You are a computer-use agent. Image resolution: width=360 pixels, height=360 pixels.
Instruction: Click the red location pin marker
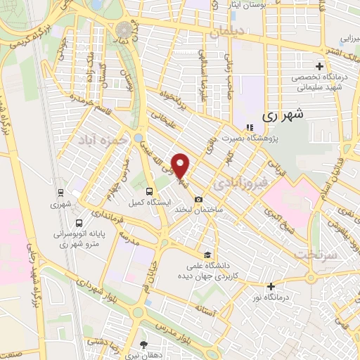point(181,166)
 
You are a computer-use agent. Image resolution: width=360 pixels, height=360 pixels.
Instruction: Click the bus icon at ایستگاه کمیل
point(148,191)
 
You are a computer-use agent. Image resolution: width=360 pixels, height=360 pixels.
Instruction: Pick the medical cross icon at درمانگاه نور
point(271,285)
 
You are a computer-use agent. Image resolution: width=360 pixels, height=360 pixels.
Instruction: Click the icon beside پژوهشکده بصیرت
point(247,127)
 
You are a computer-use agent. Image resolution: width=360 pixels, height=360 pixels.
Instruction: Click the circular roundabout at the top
point(125,30)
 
